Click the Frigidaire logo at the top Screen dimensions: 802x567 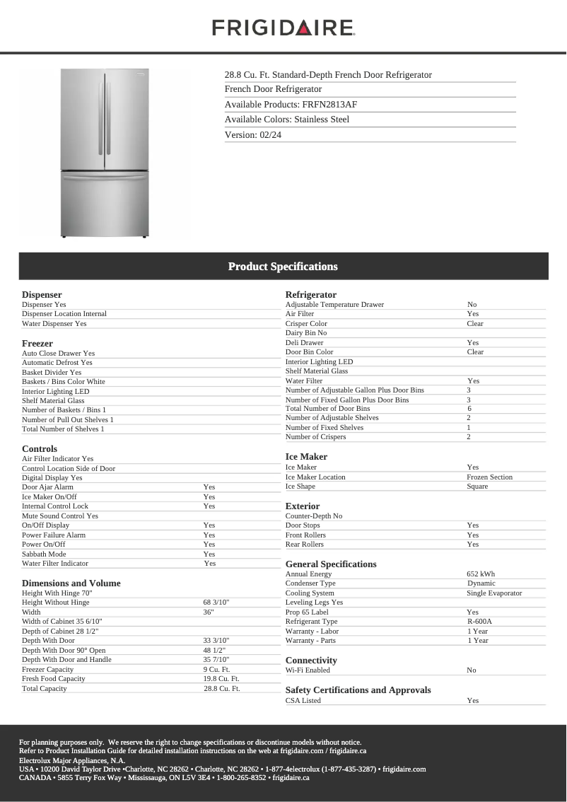tap(283, 28)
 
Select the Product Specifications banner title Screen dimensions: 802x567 tap(283, 267)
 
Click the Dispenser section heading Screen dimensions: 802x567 tap(42, 294)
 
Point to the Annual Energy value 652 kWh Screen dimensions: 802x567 tap(481, 574)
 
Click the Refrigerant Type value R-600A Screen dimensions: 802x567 tap(479, 622)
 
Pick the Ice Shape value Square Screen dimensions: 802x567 tap(477, 487)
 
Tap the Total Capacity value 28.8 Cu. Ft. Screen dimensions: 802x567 tap(222, 688)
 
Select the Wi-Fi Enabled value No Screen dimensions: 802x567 tap(472, 670)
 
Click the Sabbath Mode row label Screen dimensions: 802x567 tap(44, 554)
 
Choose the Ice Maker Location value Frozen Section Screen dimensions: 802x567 tap(490, 477)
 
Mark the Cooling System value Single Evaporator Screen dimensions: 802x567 tap(494, 593)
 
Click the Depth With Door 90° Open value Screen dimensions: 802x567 tap(214, 650)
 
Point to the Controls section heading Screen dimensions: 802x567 tap(40, 448)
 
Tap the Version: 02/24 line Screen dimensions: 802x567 tap(253, 134)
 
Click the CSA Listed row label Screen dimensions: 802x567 tap(303, 700)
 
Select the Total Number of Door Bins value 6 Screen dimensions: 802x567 tap(469, 409)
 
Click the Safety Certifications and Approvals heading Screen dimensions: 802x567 tap(358, 690)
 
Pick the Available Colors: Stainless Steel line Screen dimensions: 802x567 tap(287, 120)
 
